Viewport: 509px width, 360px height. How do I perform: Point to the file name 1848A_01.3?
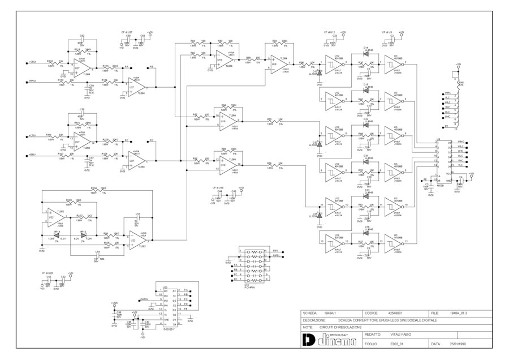459,312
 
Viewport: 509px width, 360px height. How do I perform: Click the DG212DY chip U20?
169,307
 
